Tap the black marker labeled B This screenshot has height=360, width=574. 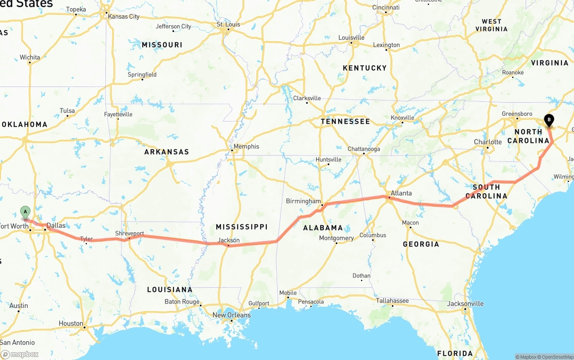coord(548,120)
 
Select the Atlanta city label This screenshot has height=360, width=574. coord(401,193)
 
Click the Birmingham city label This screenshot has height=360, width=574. coord(304,201)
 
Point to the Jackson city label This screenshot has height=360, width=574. coord(229,240)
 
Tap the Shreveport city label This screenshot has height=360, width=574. coord(130,234)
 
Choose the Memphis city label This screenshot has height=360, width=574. coord(246,147)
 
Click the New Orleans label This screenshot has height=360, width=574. coord(231,315)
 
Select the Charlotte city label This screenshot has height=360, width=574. coord(488,142)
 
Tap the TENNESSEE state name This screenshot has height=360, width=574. coord(345,121)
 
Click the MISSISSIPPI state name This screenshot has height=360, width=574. coord(241,227)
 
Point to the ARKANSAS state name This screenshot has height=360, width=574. coord(166,152)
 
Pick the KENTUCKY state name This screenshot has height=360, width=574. coord(365,68)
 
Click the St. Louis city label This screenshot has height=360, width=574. coord(229,24)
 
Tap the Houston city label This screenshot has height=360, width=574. coord(71,323)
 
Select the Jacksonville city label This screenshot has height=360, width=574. coord(465,304)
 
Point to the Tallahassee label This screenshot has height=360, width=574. coord(392,301)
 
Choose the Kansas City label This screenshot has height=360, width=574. coord(123,17)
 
